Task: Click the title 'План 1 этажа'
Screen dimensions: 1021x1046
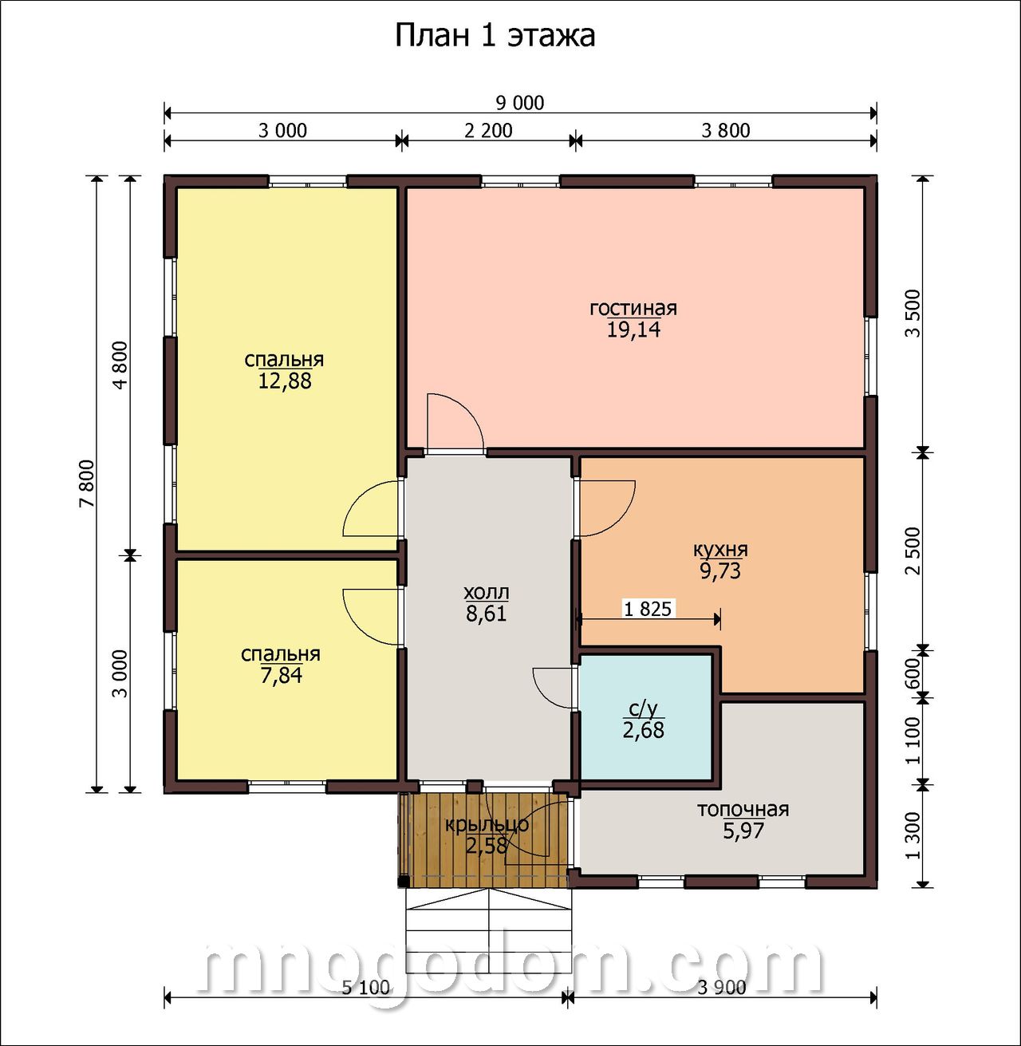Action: point(495,37)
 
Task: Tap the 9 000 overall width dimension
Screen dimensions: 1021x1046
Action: point(519,103)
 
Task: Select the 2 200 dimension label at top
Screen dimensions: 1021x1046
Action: point(488,131)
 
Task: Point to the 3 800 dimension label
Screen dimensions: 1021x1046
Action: point(725,131)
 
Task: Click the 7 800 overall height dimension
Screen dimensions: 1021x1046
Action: point(86,484)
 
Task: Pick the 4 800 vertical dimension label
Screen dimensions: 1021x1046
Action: point(120,365)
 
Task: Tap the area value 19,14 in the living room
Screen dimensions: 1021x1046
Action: point(633,330)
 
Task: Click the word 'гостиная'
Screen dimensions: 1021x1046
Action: point(633,308)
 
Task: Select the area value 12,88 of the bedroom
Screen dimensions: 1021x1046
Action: point(285,381)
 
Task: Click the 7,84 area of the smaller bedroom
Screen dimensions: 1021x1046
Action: point(281,675)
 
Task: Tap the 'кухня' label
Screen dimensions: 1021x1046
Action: point(720,550)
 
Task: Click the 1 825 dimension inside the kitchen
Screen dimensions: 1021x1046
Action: point(648,609)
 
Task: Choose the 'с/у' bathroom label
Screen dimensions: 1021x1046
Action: point(643,710)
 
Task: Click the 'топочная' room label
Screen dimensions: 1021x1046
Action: point(743,810)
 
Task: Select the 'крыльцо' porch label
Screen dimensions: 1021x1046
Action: point(487,824)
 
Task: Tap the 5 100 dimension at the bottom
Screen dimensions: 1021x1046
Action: point(365,988)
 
